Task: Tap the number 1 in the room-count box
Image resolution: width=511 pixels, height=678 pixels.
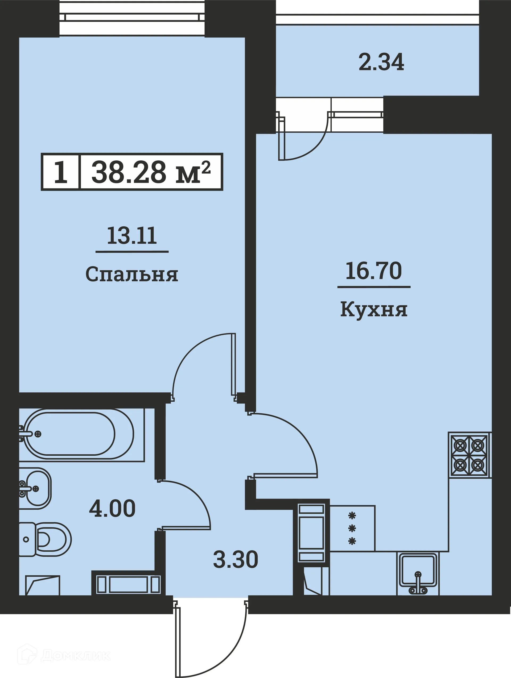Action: coord(60,172)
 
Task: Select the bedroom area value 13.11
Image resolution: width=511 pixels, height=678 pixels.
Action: coord(132,236)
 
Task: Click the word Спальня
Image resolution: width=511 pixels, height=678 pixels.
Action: coord(132,274)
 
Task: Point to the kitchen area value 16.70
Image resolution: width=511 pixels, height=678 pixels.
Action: coord(373,271)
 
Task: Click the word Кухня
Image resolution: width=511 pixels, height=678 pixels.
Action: coord(374,310)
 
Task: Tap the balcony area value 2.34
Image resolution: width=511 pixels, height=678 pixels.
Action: coord(381,62)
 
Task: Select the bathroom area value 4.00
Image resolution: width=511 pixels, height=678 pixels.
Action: coord(112,508)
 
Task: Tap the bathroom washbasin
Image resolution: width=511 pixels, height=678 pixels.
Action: coord(35,488)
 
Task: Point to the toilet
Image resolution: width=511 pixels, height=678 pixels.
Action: coord(46,540)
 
